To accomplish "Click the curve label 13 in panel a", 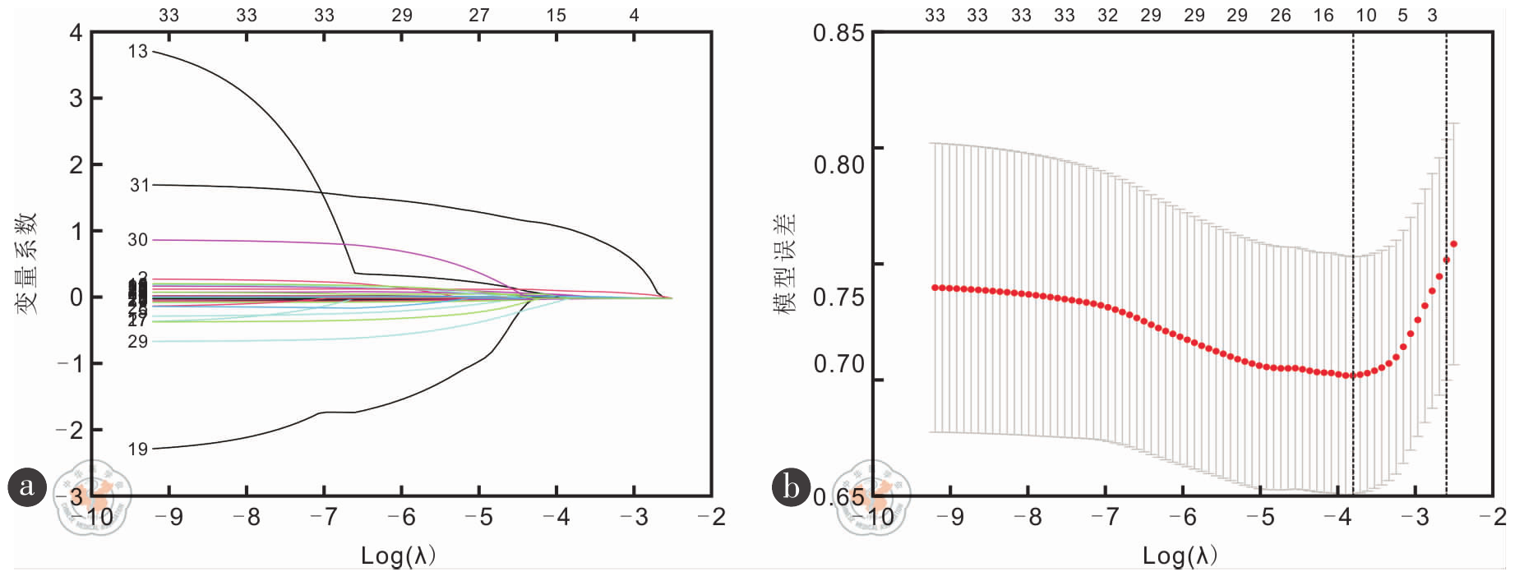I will (x=137, y=52).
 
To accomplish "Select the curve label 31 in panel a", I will (x=140, y=186).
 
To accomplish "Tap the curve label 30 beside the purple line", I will (x=137, y=240).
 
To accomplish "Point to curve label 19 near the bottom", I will (x=137, y=449).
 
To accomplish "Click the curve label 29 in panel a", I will (x=137, y=342).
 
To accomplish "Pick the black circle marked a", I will (x=27, y=486).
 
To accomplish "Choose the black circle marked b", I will (x=791, y=486).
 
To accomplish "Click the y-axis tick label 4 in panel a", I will (x=76, y=33).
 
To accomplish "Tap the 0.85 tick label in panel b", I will (x=838, y=34).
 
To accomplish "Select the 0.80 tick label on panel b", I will (x=838, y=165).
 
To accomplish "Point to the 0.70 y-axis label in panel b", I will (x=838, y=364).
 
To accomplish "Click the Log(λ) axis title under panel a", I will (x=398, y=556).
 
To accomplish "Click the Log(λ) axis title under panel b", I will (x=1180, y=556).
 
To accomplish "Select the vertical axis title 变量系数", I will (x=26, y=263).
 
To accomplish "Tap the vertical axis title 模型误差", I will (x=785, y=263).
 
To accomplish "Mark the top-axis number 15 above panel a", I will (x=557, y=15).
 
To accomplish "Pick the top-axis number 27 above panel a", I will (x=479, y=15).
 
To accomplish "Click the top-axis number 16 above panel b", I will (x=1323, y=15).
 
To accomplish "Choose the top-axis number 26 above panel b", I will (x=1281, y=15).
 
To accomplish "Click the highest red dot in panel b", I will (x=1454, y=244).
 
